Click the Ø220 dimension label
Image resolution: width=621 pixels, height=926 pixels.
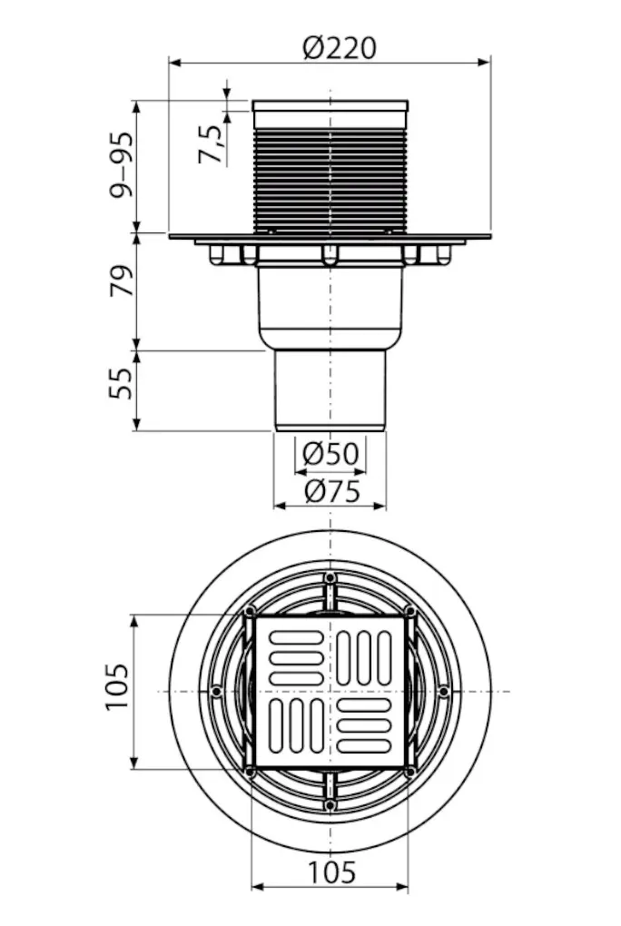pos(340,48)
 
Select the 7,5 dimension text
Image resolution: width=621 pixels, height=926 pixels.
pos(211,144)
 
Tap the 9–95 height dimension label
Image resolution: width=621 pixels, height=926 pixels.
pos(122,165)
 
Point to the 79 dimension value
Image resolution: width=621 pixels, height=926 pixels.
pos(122,281)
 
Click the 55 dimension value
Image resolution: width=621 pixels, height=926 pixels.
pos(122,383)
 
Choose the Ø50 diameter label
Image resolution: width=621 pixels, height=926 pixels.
pos(330,454)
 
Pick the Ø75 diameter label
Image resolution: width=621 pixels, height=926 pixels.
pos(332,491)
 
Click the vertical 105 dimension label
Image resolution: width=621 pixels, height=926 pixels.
pos(117,687)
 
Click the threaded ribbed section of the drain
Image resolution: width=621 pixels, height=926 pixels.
pos(330,180)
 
